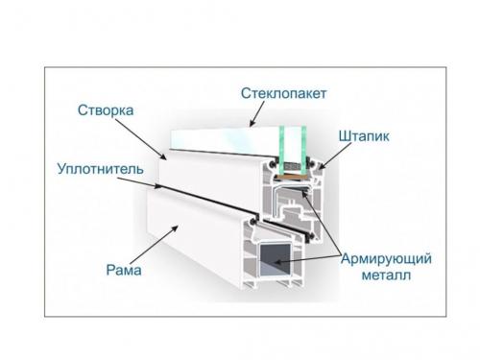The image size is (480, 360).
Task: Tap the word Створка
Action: coord(104,110)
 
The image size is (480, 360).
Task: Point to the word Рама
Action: coord(124,272)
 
